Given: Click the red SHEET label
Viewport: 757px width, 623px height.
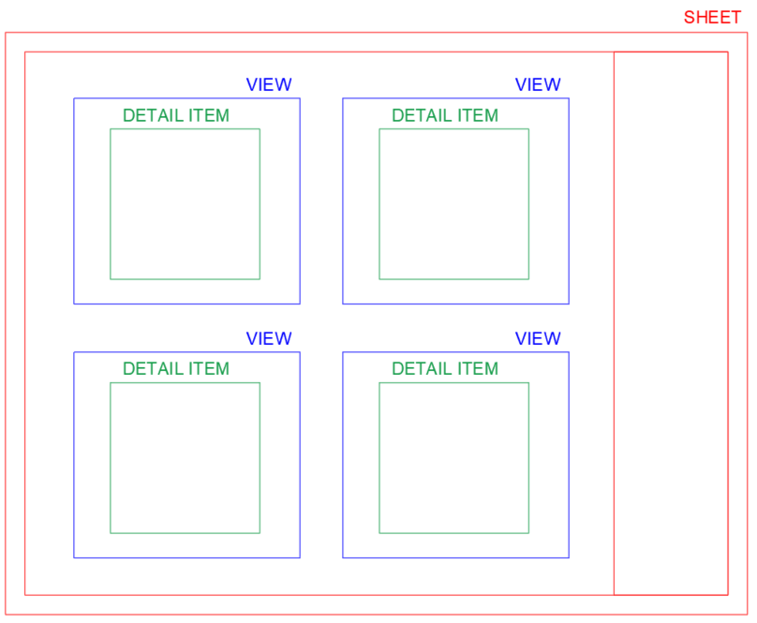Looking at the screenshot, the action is (x=712, y=18).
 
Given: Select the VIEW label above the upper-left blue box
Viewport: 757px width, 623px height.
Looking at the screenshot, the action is (x=269, y=84).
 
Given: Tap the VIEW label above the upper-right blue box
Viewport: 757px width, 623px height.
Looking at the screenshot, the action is (x=538, y=84).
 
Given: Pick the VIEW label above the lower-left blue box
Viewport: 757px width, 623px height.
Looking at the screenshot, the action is (x=269, y=338).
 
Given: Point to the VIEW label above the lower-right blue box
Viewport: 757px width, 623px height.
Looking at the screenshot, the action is (x=538, y=338).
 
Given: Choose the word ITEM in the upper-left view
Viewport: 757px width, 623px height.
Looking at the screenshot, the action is (x=209, y=115).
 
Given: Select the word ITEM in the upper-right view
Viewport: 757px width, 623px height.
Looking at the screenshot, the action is (x=478, y=115).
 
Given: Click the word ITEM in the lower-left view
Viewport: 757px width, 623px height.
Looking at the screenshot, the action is (x=209, y=368).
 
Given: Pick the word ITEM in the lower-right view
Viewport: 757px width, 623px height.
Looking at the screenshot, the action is (x=478, y=368).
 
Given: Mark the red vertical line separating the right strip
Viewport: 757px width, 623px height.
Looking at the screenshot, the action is (x=614, y=323).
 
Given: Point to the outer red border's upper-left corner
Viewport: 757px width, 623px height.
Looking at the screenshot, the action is (x=6, y=33).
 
